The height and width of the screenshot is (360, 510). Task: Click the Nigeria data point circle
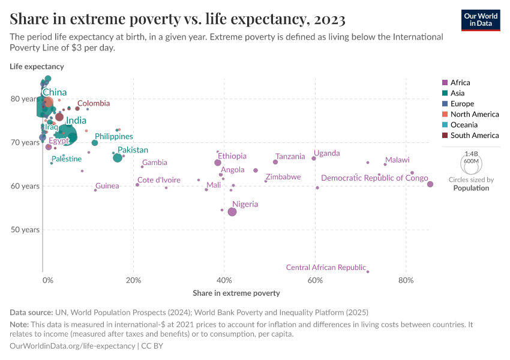coord(232,212)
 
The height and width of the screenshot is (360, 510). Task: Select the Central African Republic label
coord(326,268)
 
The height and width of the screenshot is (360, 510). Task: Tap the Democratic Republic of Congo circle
coord(430,184)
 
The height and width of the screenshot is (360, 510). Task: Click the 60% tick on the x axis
coord(315,280)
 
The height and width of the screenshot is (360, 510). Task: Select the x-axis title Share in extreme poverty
coord(236,293)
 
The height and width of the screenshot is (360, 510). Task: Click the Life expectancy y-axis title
coord(37,67)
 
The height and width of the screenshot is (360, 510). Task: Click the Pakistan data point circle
coord(118,157)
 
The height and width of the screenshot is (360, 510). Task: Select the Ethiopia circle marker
coord(218,163)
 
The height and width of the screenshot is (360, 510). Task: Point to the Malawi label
coord(397,160)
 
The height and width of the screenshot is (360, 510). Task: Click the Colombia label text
coord(93,104)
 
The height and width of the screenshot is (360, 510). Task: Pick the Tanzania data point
coord(275,162)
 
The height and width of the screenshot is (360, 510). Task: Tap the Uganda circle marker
coord(314,158)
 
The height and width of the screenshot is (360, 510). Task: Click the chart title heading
coord(178,19)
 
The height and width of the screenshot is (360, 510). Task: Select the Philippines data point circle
coord(95,143)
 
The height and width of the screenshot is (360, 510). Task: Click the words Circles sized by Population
coord(471,184)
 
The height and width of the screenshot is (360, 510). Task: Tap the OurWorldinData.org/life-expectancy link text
coord(72,346)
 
